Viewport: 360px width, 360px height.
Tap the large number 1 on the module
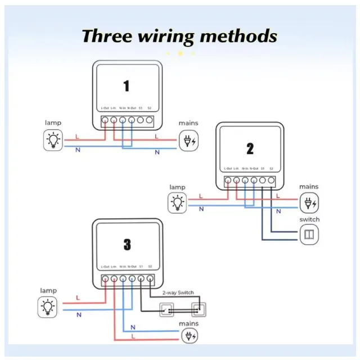pyautogui.click(x=126, y=86)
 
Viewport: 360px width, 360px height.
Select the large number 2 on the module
pyautogui.click(x=250, y=148)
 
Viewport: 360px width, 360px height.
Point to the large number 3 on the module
pyautogui.click(x=127, y=245)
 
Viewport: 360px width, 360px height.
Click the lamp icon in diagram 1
pyautogui.click(x=53, y=140)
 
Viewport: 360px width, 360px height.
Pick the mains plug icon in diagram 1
pyautogui.click(x=188, y=141)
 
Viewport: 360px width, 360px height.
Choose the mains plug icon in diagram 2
pyautogui.click(x=308, y=202)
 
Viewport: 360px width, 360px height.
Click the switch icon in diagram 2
pyautogui.click(x=309, y=234)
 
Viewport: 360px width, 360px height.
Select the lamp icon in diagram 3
pyautogui.click(x=48, y=307)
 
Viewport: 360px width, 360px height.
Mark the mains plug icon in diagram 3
pyautogui.click(x=189, y=336)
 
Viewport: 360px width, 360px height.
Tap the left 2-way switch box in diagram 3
pyautogui.click(x=166, y=309)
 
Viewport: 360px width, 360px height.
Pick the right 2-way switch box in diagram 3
pyautogui.click(x=197, y=309)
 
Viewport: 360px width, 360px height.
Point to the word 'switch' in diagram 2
pyautogui.click(x=309, y=219)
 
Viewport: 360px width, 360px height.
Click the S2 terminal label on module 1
pyautogui.click(x=148, y=107)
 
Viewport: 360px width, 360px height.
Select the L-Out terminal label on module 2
pyautogui.click(x=228, y=169)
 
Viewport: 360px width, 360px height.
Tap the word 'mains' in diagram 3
pyautogui.click(x=188, y=324)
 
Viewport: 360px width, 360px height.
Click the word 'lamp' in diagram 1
pyautogui.click(x=53, y=123)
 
